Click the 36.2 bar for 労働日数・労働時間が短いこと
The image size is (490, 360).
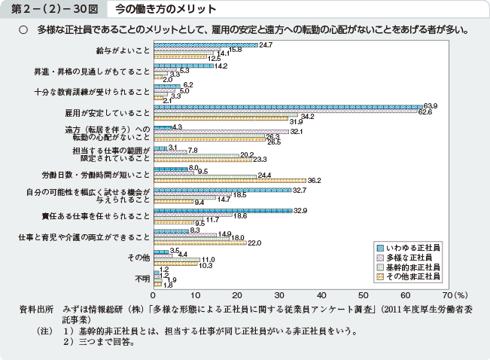click(229, 181)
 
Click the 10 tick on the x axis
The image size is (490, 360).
click(195, 294)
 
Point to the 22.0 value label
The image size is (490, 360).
click(254, 243)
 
